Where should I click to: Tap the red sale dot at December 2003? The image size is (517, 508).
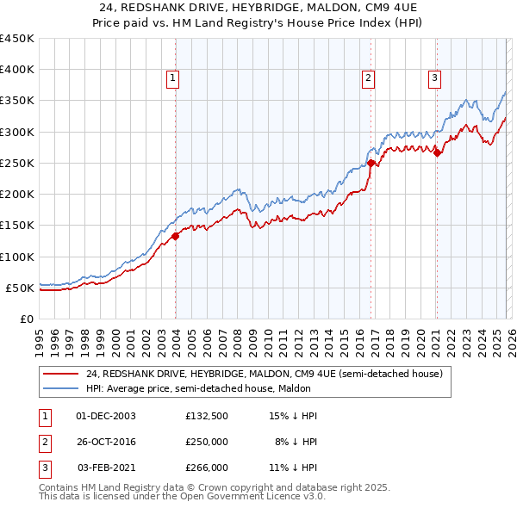click(x=175, y=235)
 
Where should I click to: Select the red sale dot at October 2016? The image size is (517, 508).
click(x=371, y=162)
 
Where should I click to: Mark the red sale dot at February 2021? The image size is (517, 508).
click(x=437, y=153)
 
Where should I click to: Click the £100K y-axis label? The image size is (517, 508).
click(x=17, y=257)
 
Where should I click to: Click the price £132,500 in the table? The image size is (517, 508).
click(x=206, y=416)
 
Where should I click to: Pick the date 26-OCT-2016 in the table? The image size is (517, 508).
click(x=106, y=442)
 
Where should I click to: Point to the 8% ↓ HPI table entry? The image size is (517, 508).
click(x=296, y=442)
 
